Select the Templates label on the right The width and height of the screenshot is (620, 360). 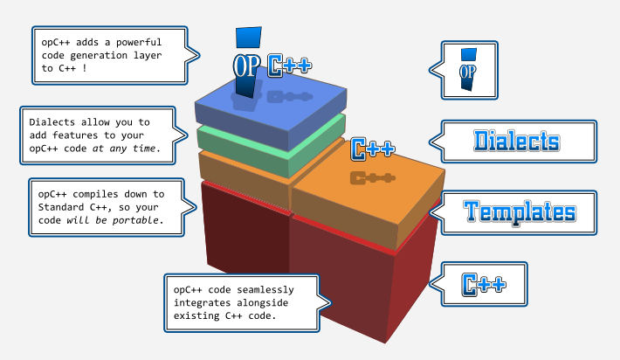520,211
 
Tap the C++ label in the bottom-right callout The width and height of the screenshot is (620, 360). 483,284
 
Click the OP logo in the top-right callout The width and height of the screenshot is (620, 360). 468,66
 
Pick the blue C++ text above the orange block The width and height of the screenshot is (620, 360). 373,149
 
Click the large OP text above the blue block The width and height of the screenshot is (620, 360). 247,66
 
